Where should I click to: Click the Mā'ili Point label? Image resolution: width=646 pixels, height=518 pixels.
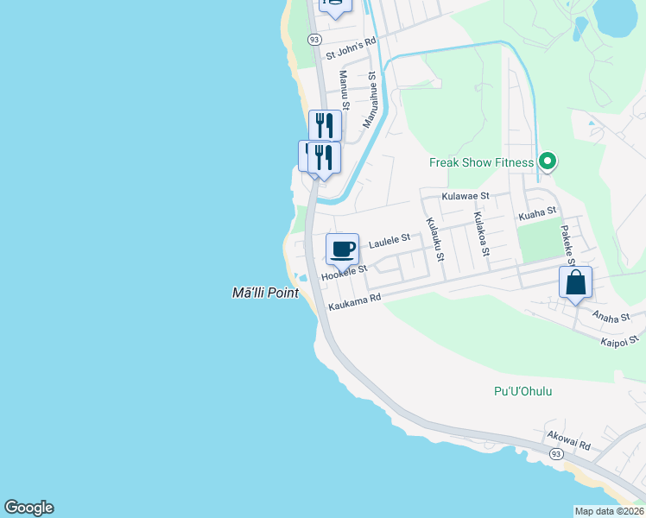click(x=265, y=293)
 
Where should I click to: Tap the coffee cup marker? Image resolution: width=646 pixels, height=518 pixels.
click(x=343, y=249)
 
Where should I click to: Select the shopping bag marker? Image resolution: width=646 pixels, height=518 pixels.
click(x=575, y=282)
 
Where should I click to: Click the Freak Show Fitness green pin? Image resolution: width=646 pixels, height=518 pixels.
click(x=547, y=161)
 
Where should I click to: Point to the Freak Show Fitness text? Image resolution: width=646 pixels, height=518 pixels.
click(x=482, y=162)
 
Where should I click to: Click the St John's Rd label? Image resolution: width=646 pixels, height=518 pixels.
click(x=351, y=47)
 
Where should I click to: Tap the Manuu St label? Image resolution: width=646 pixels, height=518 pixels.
click(x=343, y=91)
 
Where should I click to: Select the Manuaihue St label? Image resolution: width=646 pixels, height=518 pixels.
click(x=370, y=100)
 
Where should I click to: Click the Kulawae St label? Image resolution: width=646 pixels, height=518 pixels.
click(x=465, y=196)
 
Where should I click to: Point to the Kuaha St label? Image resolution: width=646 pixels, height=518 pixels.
click(x=535, y=213)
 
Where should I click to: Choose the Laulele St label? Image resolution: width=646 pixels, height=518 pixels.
click(x=389, y=243)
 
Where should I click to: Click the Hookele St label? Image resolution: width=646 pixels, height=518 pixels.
click(x=344, y=273)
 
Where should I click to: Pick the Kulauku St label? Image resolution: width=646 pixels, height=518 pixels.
click(x=434, y=238)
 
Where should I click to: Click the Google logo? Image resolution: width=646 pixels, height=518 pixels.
click(x=28, y=508)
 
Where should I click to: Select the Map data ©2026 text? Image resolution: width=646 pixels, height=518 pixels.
click(x=609, y=511)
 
